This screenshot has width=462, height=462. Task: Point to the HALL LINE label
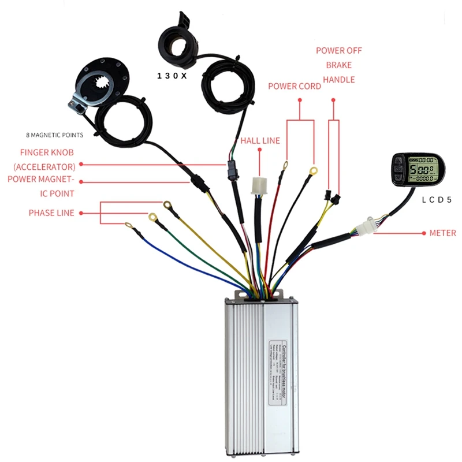click(x=260, y=140)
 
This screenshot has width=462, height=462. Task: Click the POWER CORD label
click(x=295, y=87)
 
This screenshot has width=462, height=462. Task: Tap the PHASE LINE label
click(x=51, y=213)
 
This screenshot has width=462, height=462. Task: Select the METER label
click(x=443, y=233)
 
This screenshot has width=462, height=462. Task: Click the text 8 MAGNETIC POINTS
click(x=55, y=135)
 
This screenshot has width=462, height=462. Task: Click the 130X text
click(x=172, y=76)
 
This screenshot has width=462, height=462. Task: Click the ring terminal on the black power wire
click(x=313, y=170)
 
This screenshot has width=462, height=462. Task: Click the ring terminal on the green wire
click(x=154, y=217)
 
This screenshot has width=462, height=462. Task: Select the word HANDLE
click(x=338, y=80)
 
